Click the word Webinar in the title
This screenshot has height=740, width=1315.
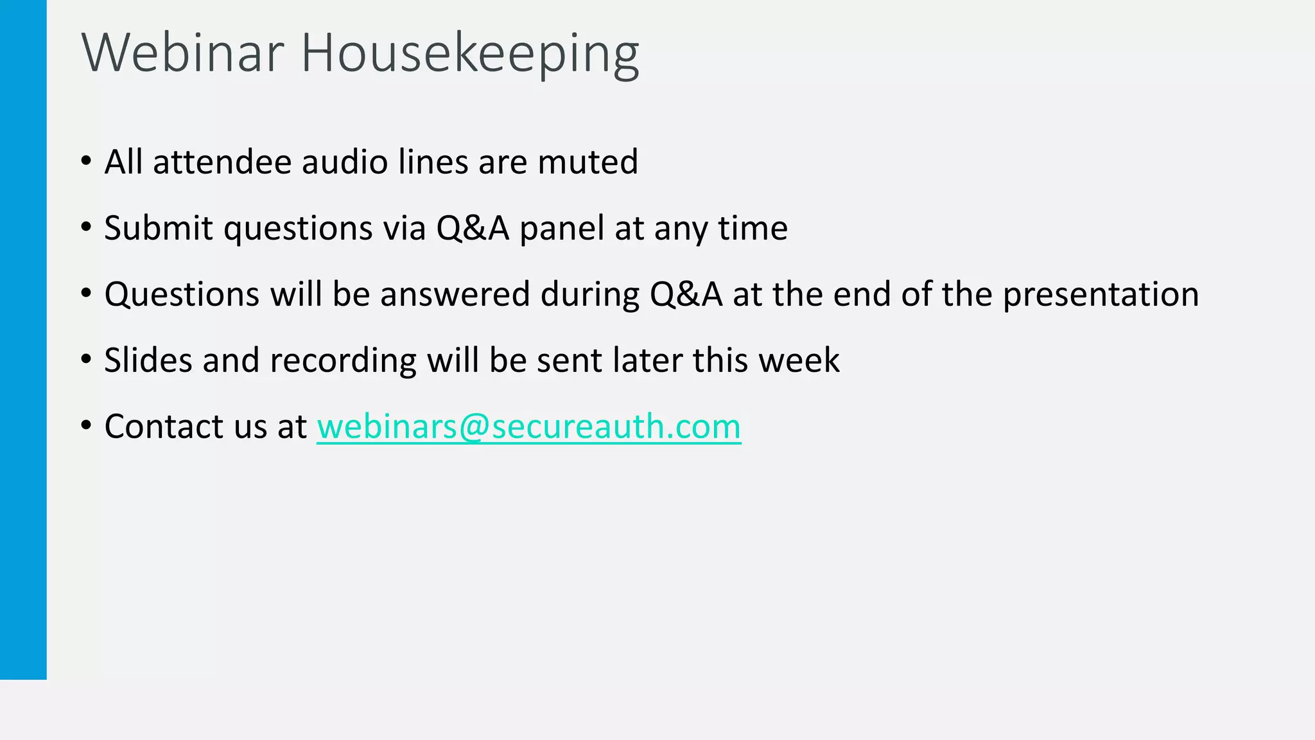182,53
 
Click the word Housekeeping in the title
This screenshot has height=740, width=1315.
469,54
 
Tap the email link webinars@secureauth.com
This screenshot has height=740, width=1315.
528,427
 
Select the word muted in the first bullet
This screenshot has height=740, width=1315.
588,162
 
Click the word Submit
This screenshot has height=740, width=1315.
158,228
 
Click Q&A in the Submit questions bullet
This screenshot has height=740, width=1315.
473,228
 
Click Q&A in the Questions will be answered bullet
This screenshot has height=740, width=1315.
686,294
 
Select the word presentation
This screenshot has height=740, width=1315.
1101,295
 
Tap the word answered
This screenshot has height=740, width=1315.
455,294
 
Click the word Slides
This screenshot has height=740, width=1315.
148,360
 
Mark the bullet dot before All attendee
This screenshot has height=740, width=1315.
87,161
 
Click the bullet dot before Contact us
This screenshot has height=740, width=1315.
87,425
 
